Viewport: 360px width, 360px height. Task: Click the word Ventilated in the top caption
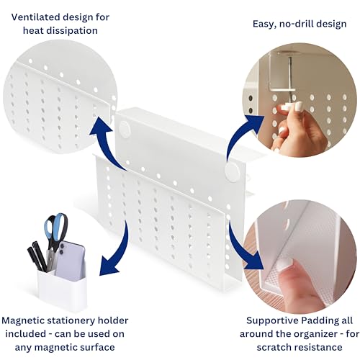36,17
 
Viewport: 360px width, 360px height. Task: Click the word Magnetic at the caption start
23,320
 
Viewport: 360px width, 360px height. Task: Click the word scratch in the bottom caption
273,347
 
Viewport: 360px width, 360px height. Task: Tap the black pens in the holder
37,256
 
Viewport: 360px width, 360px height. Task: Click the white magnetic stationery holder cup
63,291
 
